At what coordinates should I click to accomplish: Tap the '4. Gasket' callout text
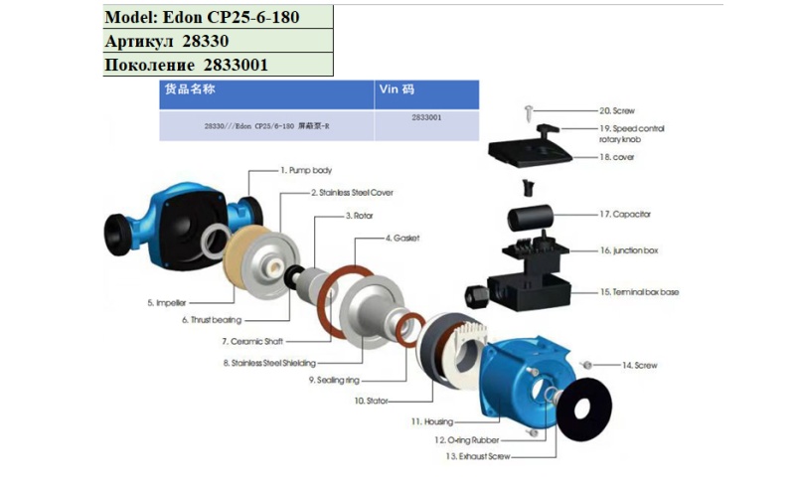coord(403,240)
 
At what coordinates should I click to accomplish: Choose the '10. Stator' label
coord(372,401)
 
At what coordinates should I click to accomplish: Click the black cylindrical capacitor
coord(535,217)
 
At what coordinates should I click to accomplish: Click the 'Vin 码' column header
coord(395,88)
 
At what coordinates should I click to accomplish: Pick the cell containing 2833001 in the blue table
coord(425,117)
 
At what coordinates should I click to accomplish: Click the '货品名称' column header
coord(190,88)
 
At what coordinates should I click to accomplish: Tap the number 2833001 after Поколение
coord(236,66)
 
